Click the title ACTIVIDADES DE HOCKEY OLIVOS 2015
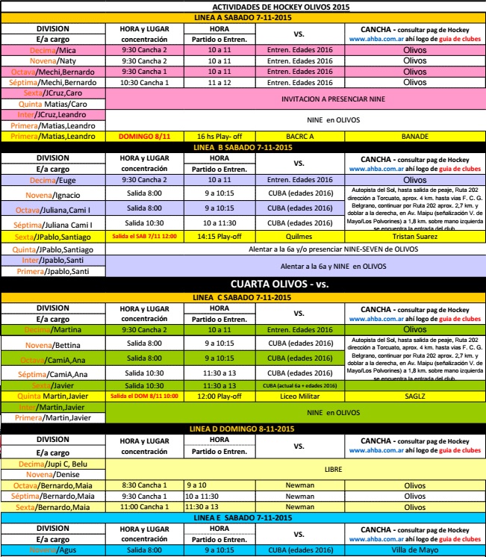coord(243,6)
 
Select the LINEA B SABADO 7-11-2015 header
coord(243,147)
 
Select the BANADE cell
coord(414,137)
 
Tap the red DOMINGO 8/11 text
coord(143,137)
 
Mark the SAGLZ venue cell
coord(414,396)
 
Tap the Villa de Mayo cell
coord(414,550)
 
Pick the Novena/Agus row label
coord(54,550)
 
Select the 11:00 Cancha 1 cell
coord(143,507)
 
